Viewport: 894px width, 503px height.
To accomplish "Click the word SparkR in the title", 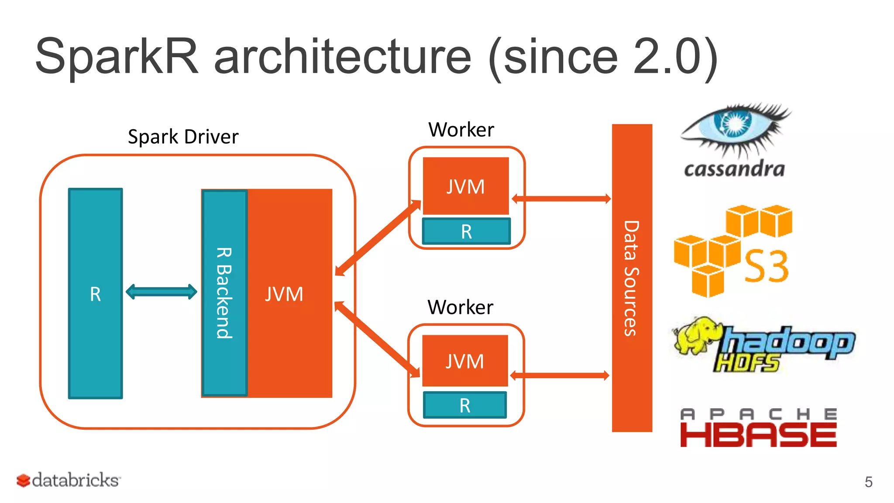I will click(117, 57).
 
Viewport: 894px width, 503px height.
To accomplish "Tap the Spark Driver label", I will click(183, 137).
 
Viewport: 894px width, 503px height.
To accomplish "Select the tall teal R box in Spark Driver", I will click(95, 293).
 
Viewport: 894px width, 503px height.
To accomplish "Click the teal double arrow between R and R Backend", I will click(162, 292).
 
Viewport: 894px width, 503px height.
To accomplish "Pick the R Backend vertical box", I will click(224, 293).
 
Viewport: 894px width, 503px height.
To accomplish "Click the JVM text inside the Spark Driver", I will click(284, 294).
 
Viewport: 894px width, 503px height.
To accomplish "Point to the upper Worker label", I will click(461, 130).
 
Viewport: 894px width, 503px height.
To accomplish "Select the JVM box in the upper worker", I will click(465, 186).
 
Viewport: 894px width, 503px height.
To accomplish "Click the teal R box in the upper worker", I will click(466, 231).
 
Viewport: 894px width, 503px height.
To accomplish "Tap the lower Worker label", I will click(460, 307).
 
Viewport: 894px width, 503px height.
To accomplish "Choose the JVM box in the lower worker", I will click(465, 361).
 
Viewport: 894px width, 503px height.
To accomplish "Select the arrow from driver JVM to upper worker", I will click(378, 238).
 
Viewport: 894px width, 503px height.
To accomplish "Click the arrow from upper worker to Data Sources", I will click(561, 199).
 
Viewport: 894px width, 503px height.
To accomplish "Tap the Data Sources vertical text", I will click(631, 278).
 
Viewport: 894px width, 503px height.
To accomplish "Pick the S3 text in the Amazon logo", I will click(767, 266).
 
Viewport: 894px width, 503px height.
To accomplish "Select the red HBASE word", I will click(758, 435).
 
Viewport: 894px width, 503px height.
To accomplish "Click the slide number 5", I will click(868, 482).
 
